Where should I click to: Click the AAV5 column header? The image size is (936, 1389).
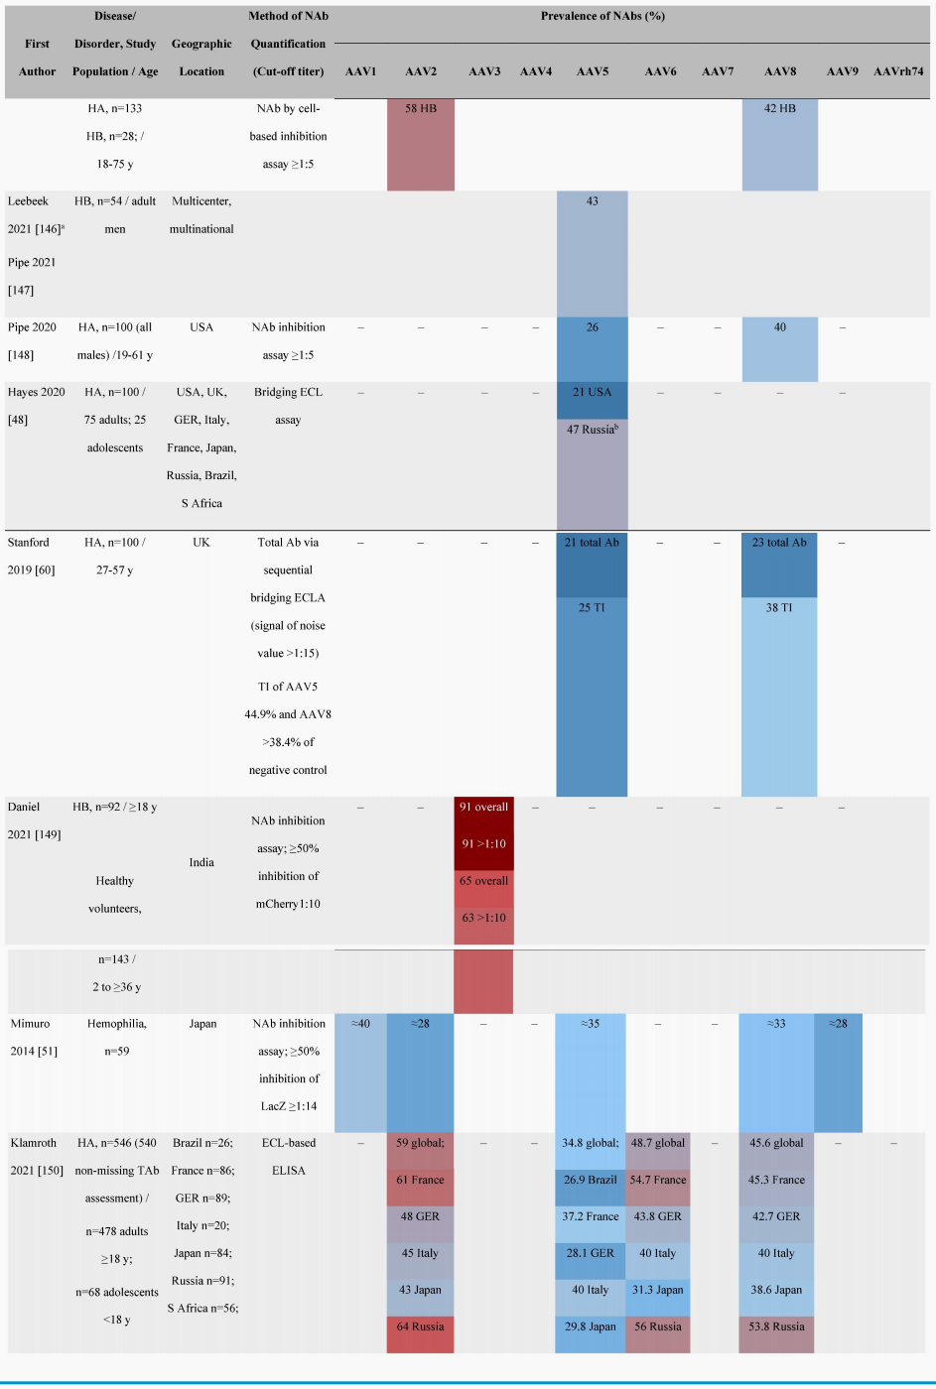(x=593, y=71)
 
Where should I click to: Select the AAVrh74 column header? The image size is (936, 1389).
(x=898, y=71)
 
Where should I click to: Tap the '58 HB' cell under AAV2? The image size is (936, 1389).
(x=421, y=109)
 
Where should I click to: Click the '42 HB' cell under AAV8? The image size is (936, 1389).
(x=780, y=109)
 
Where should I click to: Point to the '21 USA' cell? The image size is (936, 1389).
(x=593, y=393)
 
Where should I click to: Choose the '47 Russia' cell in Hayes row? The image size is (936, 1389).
(x=593, y=430)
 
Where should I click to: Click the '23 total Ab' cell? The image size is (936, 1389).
(x=779, y=543)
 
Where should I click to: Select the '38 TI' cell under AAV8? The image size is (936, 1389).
(x=779, y=608)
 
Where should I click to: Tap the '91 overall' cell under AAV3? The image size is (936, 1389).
(x=483, y=808)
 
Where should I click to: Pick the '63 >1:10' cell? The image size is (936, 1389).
(x=483, y=919)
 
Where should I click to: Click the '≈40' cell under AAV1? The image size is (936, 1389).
(x=360, y=1024)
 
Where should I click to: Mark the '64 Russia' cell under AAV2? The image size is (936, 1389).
(x=421, y=1326)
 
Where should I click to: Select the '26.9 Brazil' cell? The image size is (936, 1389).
(x=591, y=1181)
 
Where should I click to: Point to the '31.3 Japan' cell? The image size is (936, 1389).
(x=657, y=1290)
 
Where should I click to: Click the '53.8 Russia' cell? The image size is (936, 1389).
(x=776, y=1326)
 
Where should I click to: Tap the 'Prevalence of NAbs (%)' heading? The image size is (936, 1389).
(x=602, y=16)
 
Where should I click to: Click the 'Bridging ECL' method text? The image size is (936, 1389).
(x=288, y=393)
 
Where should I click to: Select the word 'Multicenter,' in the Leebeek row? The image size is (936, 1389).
(x=201, y=201)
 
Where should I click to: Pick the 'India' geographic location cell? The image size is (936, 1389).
(x=201, y=863)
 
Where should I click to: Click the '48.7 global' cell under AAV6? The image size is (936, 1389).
(x=657, y=1143)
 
